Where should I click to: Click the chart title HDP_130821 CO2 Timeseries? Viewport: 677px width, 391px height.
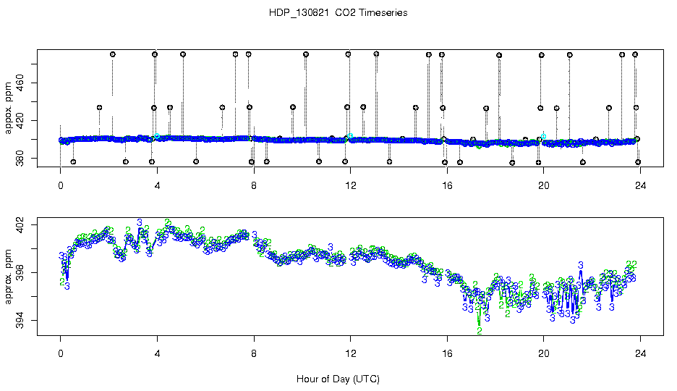338,13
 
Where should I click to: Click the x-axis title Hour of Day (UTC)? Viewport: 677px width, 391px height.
338,379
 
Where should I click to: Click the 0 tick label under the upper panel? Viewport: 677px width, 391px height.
61,185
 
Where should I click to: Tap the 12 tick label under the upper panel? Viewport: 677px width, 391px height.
351,185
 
